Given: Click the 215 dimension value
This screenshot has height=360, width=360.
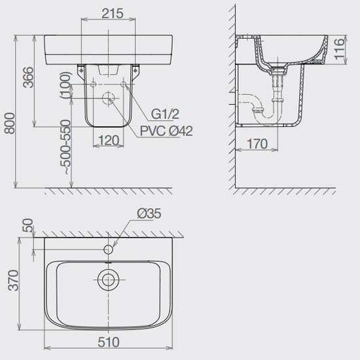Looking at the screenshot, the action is coord(113,14).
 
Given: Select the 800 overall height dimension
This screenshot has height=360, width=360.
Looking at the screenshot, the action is coord(10,123).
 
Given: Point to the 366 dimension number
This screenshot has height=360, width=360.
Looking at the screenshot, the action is coord(28,77).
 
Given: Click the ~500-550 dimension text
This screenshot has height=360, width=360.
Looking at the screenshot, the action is coord(67,147).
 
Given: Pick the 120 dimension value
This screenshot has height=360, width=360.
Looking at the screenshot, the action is coord(109,140).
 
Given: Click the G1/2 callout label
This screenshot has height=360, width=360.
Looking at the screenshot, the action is coord(165,114).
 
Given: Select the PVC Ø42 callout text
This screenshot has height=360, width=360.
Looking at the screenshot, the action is coord(166,131).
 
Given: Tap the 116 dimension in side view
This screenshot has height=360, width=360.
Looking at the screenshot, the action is coord(339,49).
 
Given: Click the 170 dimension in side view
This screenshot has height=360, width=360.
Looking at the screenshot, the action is coord(257,144).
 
